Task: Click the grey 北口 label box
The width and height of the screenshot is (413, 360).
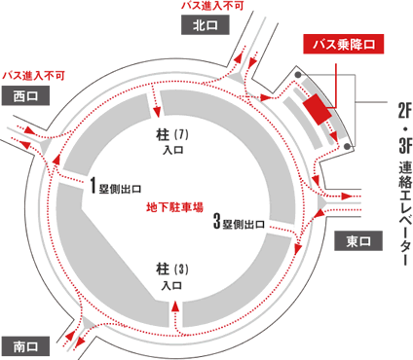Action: [203, 26]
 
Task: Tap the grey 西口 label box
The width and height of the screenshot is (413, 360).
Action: [25, 95]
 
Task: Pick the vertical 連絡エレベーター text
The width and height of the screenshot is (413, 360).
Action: [401, 209]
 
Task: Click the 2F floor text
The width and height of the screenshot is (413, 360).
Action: [401, 110]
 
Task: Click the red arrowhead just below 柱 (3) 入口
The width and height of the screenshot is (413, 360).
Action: [175, 304]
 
